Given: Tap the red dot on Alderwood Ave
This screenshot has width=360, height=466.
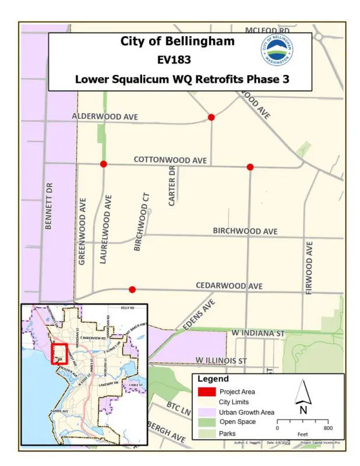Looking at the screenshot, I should click(x=211, y=118).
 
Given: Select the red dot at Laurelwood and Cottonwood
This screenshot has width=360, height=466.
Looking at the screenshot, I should click(x=103, y=164).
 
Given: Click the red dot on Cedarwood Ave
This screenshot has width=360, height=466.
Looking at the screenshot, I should click(x=132, y=290).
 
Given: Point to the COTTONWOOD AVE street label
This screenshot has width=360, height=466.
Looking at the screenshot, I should click(x=170, y=159).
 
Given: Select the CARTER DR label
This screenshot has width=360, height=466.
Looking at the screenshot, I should click(x=171, y=186).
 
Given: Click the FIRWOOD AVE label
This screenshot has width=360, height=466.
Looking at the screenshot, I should click(x=309, y=269).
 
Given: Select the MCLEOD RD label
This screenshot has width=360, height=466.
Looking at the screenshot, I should click(x=267, y=29).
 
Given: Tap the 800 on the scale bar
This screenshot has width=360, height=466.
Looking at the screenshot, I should click(x=328, y=428).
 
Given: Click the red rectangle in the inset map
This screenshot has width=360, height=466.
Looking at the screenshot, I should click(x=59, y=354).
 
